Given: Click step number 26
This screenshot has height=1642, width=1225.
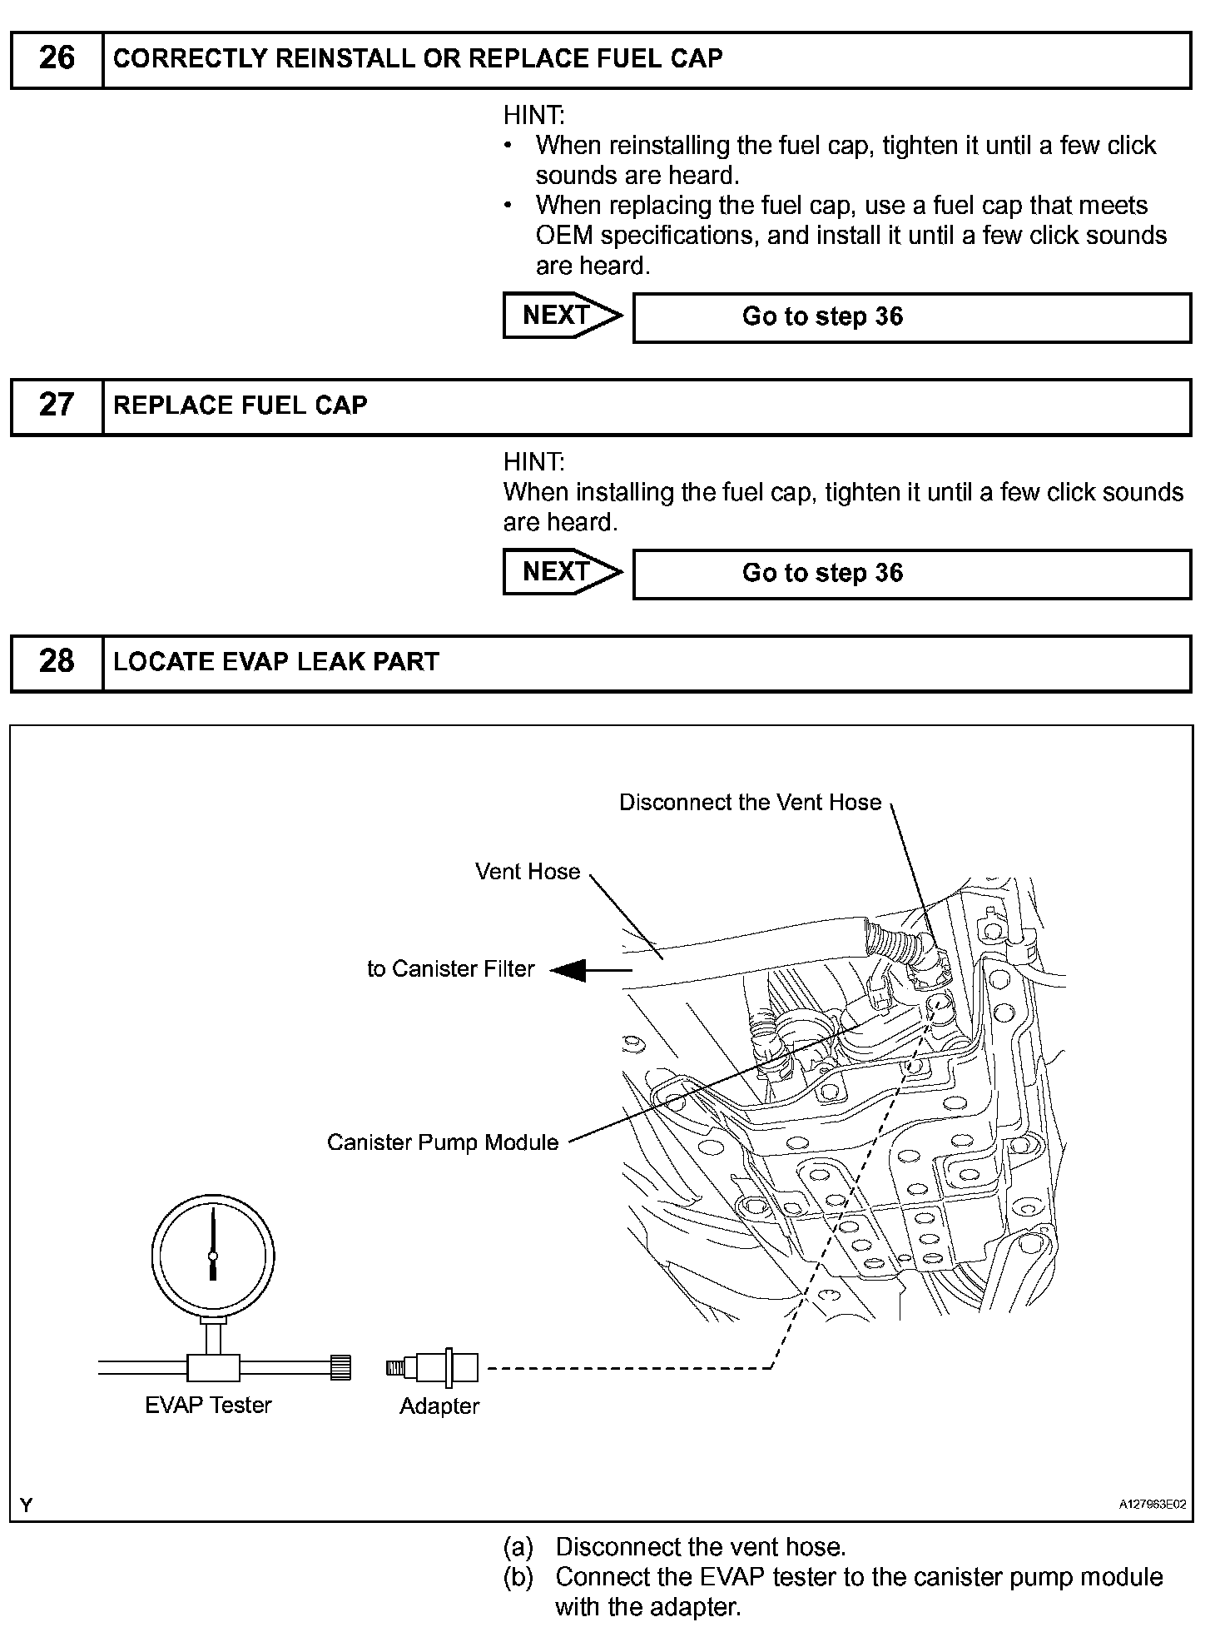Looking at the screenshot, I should [57, 58].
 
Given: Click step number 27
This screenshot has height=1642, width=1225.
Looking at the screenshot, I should [57, 406].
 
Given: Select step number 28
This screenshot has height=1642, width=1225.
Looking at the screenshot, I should [57, 662].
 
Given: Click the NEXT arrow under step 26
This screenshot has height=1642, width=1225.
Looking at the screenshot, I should [562, 316].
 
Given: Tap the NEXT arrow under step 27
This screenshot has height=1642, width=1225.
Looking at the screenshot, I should [562, 572].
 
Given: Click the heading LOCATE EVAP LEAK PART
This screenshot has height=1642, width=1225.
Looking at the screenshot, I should [276, 662].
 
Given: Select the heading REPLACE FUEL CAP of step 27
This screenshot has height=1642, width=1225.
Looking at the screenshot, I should [241, 406].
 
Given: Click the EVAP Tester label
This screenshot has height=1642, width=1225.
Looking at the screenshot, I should [208, 1406].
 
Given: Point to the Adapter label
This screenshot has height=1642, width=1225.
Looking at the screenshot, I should [439, 1406].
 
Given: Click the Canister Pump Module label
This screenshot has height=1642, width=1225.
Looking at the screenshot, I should [443, 1142].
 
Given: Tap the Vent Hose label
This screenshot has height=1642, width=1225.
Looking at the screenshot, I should [528, 872].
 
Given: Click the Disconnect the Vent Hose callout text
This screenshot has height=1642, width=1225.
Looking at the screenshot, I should [750, 803].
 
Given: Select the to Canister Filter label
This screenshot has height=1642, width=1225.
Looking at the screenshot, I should [450, 969].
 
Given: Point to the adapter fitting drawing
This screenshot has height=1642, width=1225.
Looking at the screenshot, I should [433, 1368].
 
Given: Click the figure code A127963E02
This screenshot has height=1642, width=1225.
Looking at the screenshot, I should [1153, 1505].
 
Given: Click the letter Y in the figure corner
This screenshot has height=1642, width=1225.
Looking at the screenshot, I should [27, 1505].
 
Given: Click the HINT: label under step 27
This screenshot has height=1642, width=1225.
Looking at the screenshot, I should [533, 462].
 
